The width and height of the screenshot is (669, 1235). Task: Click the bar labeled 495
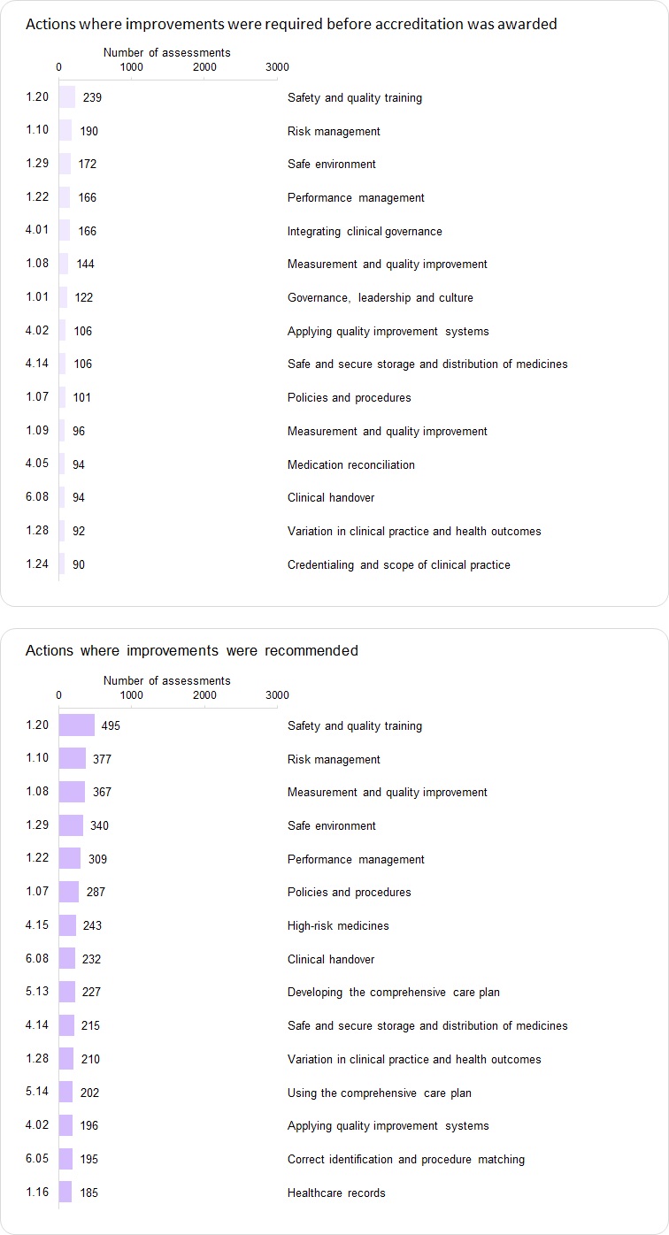[x=77, y=725]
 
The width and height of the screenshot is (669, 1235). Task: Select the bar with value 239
[x=67, y=97]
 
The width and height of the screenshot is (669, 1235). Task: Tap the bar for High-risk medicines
[x=67, y=925]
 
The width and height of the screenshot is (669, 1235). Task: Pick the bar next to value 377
[x=73, y=759]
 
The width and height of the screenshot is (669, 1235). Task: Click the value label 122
[x=83, y=297]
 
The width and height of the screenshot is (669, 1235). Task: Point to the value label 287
[x=96, y=892]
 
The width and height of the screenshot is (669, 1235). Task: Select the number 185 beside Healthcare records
[x=88, y=1193]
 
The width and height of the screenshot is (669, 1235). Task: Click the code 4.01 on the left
[x=37, y=231]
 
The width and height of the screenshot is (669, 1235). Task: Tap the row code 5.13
[x=37, y=992]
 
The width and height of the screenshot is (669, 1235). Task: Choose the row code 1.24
[x=37, y=564]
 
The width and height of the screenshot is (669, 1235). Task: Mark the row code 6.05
[x=37, y=1159]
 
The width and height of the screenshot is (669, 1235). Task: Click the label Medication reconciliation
[x=350, y=464]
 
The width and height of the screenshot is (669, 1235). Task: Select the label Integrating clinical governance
[x=365, y=231]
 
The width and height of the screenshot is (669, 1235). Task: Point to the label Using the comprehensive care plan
[x=379, y=1093]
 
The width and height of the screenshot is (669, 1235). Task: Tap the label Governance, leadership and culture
[x=380, y=297]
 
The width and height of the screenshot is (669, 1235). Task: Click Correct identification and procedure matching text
[x=405, y=1159]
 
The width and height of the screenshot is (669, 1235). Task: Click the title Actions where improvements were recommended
[x=192, y=650]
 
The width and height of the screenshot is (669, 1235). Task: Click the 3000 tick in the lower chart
[x=277, y=695]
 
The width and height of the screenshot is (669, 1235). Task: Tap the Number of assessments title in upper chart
[x=166, y=53]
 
